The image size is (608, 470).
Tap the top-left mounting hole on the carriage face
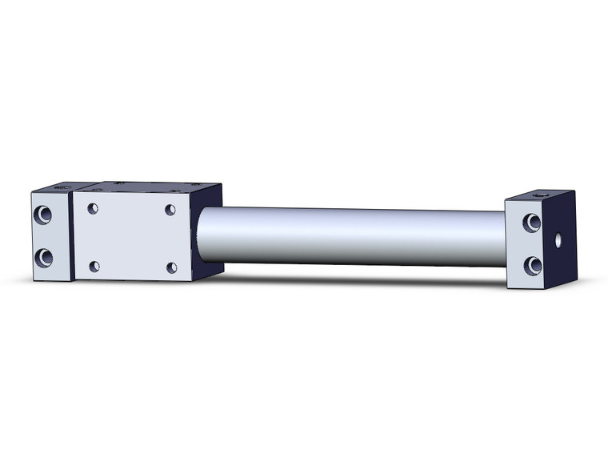(93, 208)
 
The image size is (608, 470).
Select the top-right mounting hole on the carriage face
(170, 210)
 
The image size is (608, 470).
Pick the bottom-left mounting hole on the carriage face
(94, 266)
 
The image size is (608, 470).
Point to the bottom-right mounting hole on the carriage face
(171, 267)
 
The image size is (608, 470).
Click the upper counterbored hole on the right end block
(531, 223)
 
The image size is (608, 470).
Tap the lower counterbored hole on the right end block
(531, 265)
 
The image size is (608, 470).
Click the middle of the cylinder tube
(352, 236)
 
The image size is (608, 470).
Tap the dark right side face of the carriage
(206, 232)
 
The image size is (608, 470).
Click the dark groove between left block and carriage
(72, 236)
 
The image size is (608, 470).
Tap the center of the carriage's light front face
(132, 238)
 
